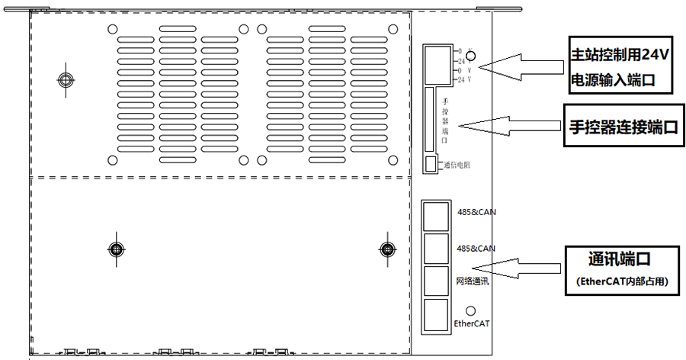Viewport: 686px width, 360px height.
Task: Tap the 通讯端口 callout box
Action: pyautogui.click(x=622, y=266)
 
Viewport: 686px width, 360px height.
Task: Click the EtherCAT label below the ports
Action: pyautogui.click(x=472, y=323)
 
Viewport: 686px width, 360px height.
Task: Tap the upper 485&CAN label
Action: pyautogui.click(x=476, y=212)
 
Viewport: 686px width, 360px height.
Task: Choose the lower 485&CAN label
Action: pyautogui.click(x=476, y=249)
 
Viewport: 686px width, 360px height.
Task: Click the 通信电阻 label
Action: pyautogui.click(x=456, y=165)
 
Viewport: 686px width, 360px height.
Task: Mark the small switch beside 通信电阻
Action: pyautogui.click(x=431, y=164)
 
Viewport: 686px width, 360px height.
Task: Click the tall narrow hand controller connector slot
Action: pyautogui.click(x=429, y=120)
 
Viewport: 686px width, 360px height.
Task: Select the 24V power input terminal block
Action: pyautogui.click(x=438, y=64)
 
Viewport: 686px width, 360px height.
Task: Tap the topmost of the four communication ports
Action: pyautogui.click(x=434, y=216)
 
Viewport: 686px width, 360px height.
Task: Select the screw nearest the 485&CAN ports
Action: pyautogui.click(x=386, y=249)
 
